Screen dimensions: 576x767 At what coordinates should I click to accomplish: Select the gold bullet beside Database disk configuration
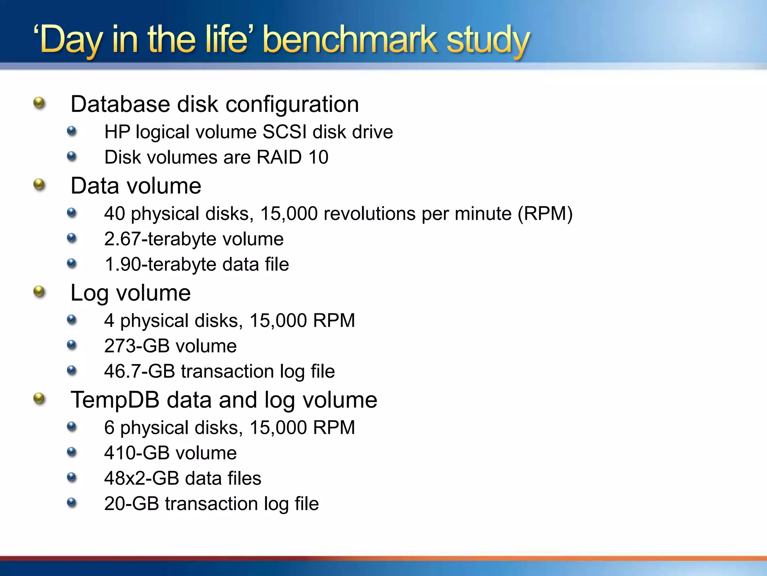point(39,102)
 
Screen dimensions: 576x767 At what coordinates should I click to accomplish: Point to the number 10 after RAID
point(318,157)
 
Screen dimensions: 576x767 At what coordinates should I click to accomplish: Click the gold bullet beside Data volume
point(39,184)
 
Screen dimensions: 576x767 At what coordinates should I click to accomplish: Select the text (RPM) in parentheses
point(545,214)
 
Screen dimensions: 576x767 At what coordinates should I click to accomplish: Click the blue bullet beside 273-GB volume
point(72,345)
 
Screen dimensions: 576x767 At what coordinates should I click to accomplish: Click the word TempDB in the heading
point(115,400)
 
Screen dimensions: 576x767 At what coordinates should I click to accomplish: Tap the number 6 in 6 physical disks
point(109,428)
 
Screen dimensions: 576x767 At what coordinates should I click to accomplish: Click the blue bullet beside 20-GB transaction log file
point(72,502)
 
